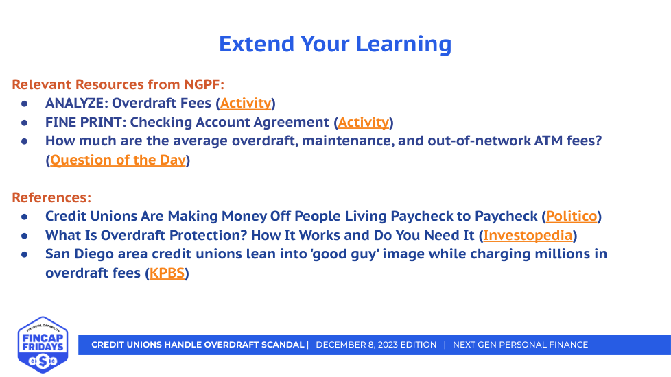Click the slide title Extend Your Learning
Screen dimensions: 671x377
335,45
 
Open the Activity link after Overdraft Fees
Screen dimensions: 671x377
246,103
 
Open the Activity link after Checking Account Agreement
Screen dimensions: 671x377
364,122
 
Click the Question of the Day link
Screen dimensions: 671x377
118,160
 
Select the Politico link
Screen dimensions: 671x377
572,217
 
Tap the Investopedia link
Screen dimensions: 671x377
528,235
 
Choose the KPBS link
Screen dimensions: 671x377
167,273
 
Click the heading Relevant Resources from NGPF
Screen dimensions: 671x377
118,84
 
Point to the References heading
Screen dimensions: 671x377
51,197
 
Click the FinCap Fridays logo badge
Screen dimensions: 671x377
43,345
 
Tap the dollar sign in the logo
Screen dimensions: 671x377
43,362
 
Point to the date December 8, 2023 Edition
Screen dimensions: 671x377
376,345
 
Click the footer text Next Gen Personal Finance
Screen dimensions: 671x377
520,345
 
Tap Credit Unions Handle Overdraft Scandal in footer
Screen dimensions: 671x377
198,345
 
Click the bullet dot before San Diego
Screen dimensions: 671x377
25,254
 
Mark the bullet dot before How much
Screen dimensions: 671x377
25,141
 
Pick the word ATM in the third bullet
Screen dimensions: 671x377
548,141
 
